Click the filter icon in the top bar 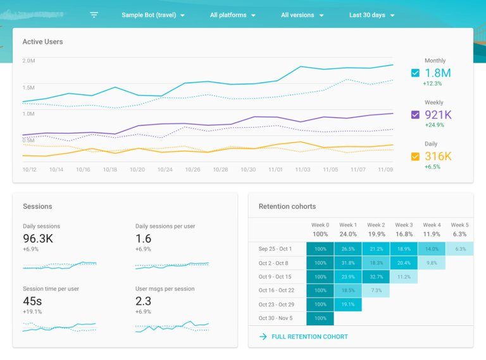click(x=94, y=15)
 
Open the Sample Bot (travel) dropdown click(x=153, y=15)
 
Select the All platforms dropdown click(x=233, y=15)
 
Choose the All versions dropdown click(x=302, y=15)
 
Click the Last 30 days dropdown click(x=372, y=15)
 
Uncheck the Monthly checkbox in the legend click(x=415, y=73)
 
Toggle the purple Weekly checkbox click(x=415, y=115)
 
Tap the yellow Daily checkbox click(x=415, y=156)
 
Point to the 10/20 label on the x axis click(x=137, y=170)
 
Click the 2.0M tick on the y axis click(x=28, y=61)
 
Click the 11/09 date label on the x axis click(x=385, y=170)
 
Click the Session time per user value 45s click(x=32, y=301)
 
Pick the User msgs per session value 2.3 click(x=143, y=301)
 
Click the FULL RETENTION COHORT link click(x=309, y=337)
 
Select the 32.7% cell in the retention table click(x=376, y=276)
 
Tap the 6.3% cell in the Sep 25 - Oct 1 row click(x=460, y=249)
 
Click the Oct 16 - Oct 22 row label click(x=276, y=290)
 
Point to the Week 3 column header click(x=404, y=225)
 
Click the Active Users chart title click(x=42, y=42)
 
